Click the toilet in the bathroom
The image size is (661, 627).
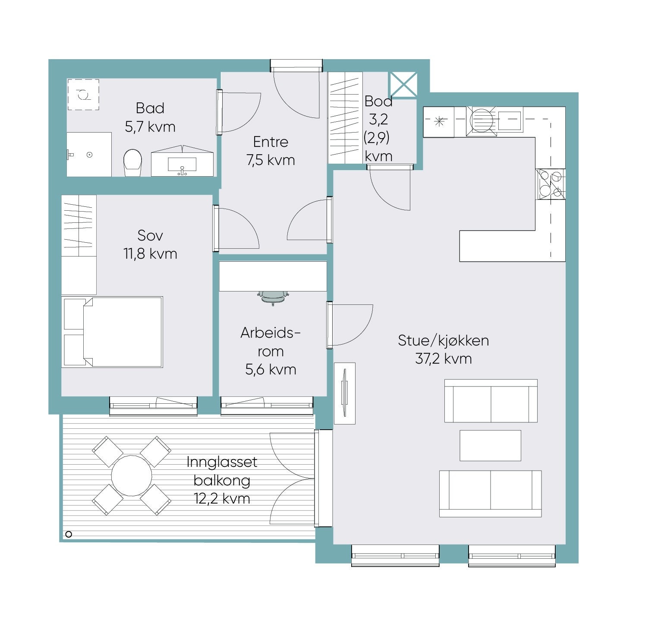(133, 163)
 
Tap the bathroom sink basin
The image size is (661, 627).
(182, 165)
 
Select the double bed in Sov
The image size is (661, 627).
(112, 332)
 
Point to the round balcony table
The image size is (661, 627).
(132, 475)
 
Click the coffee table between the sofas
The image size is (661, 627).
(490, 445)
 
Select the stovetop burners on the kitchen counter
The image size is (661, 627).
(551, 184)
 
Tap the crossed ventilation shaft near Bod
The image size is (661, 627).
(404, 85)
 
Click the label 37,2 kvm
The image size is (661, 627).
(444, 359)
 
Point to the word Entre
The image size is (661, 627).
(271, 142)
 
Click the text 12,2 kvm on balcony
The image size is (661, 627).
(222, 499)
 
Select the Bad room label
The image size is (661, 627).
(150, 108)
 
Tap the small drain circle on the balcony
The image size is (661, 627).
(68, 534)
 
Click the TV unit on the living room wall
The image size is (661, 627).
(345, 393)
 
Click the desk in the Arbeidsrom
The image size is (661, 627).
(273, 276)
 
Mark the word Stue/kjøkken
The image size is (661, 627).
(444, 341)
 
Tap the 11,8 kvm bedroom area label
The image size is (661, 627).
(150, 254)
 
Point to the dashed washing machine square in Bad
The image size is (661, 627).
(83, 94)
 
